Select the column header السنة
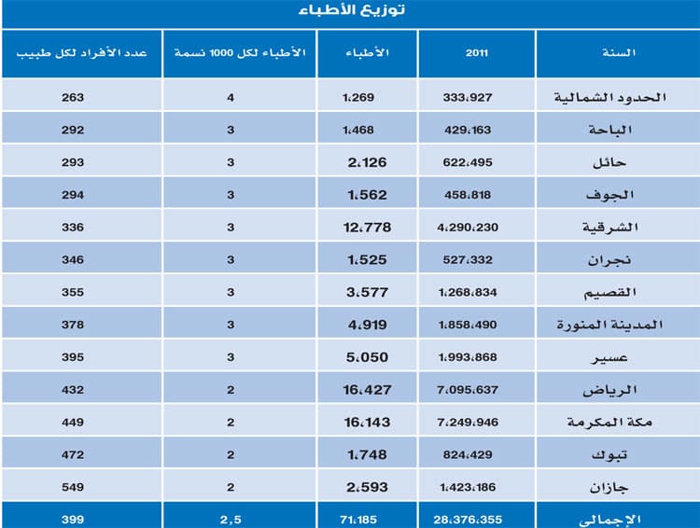tap(619, 53)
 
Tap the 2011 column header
tap(477, 53)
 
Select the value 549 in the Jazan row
tap(73, 487)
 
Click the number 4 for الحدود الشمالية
tap(231, 95)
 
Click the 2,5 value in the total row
tap(230, 519)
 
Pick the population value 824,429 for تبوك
tap(474, 454)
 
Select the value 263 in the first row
tap(73, 95)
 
